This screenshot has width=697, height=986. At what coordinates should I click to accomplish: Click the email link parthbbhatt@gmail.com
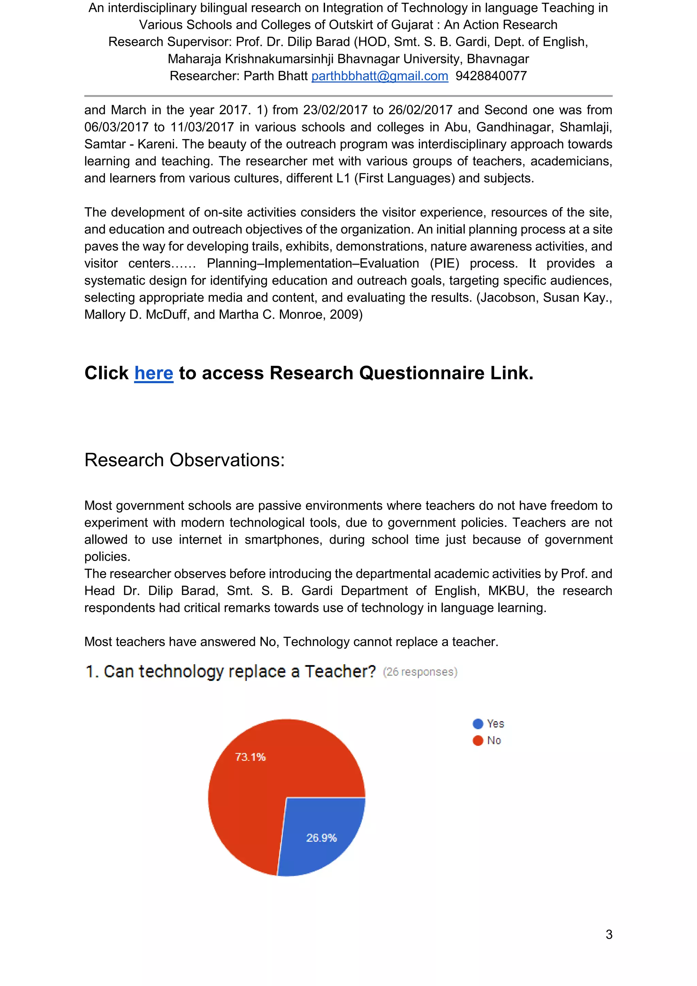pyautogui.click(x=379, y=76)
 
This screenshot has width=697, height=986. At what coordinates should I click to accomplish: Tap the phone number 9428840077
pyautogui.click(x=491, y=76)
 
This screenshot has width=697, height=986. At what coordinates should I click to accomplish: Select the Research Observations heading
pyautogui.click(x=184, y=460)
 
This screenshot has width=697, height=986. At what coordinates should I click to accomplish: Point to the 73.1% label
pyautogui.click(x=250, y=757)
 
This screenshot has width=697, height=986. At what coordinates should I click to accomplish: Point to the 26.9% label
pyautogui.click(x=322, y=838)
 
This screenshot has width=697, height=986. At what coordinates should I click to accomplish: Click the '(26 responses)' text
pyautogui.click(x=420, y=672)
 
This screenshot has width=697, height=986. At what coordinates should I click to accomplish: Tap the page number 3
pyautogui.click(x=609, y=935)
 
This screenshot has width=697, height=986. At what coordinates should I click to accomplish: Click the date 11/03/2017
pyautogui.click(x=202, y=127)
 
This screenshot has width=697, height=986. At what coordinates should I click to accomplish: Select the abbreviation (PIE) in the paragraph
pyautogui.click(x=444, y=264)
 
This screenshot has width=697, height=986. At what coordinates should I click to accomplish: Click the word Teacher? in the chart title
pyautogui.click(x=340, y=672)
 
